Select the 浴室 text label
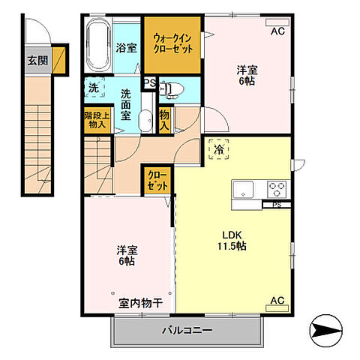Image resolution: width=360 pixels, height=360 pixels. pos(126,47)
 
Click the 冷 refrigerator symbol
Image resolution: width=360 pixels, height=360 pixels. pos(220,150)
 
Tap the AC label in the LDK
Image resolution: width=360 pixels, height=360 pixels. pos(277,301)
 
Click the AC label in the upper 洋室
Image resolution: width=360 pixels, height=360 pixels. pos(277,31)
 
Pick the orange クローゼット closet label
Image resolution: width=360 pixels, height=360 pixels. pos(156,180)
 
